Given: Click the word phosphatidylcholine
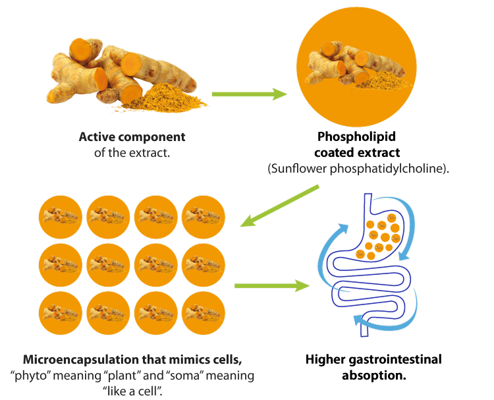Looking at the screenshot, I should tap(386, 169).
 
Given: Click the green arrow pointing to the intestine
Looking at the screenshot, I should tap(271, 286).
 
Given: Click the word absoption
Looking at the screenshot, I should tap(373, 376).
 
